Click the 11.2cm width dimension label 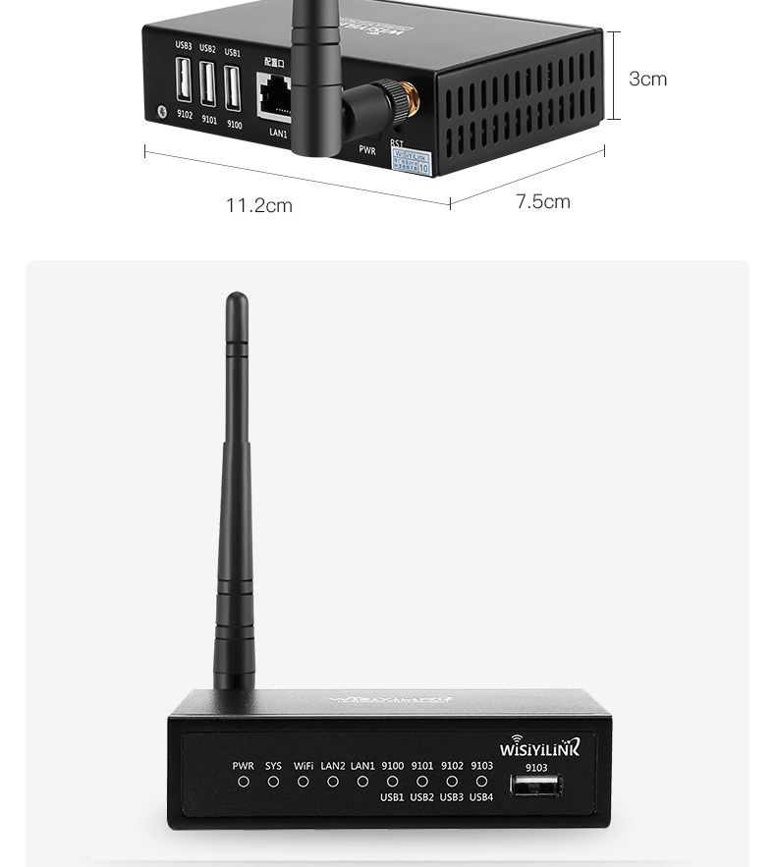click(x=259, y=206)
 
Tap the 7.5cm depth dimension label click(x=543, y=202)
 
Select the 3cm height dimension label click(x=647, y=79)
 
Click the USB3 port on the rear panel click(x=184, y=82)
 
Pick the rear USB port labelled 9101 click(x=208, y=84)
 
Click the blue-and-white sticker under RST click(x=412, y=161)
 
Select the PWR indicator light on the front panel click(x=244, y=782)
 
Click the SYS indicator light click(x=273, y=782)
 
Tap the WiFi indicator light click(x=304, y=782)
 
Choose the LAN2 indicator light click(x=333, y=782)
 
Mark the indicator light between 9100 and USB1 click(x=392, y=782)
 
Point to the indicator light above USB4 click(x=481, y=782)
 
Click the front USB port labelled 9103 click(x=535, y=785)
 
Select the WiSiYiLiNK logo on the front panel click(x=540, y=747)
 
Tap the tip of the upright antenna click(x=236, y=298)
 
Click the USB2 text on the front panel click(x=422, y=797)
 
